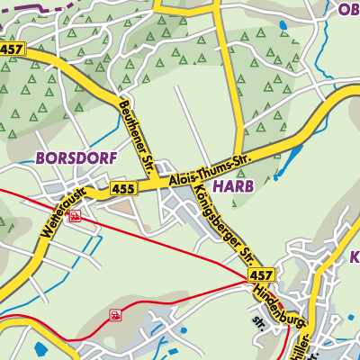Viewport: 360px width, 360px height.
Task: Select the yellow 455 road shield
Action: click(123, 189)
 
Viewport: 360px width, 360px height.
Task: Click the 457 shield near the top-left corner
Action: click(12, 50)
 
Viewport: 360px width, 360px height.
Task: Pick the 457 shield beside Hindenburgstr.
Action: click(262, 274)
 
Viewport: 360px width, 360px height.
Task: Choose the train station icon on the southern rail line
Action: click(114, 315)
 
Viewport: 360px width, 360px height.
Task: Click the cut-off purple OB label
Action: click(347, 10)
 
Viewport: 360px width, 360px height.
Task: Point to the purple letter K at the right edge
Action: click(353, 257)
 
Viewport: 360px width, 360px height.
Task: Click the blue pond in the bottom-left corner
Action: click(40, 350)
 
